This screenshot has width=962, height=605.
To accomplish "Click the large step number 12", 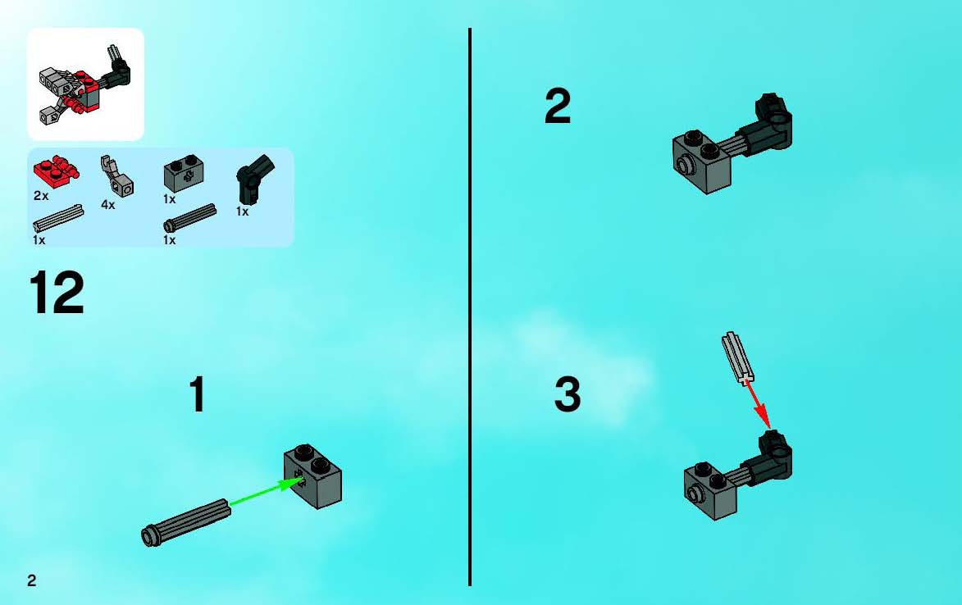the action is pos(57,293).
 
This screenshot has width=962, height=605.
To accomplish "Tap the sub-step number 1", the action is pos(197,394).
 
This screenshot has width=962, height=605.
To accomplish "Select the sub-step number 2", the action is pos(558,106).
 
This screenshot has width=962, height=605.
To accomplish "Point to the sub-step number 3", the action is pos(568,394).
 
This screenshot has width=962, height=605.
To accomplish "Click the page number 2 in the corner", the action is pos(32,580).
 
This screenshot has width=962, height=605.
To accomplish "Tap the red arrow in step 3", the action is pos(759,405).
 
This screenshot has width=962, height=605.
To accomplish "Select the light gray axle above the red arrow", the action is pos(737,358).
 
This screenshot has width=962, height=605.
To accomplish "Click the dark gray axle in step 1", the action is pos(186,523).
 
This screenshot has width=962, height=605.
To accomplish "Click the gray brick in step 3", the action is pos(711,491).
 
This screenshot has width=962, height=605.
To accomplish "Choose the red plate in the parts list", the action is pos(56,172).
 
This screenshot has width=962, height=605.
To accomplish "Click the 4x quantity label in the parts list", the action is pos(108,205).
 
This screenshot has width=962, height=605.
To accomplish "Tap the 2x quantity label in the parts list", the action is pos(41,196).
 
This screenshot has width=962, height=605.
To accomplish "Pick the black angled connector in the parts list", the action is pos(254,180).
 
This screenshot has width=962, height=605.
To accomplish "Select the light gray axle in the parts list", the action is pos(58,218).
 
